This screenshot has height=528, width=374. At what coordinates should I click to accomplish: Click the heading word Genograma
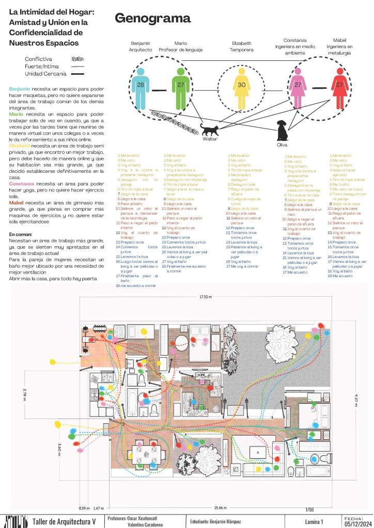(152, 19)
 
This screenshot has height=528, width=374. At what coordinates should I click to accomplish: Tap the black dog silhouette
(282, 131)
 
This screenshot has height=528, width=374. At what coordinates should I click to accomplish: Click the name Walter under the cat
(209, 139)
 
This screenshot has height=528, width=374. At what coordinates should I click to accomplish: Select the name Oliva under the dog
(282, 145)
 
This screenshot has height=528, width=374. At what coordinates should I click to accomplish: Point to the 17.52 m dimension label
(206, 297)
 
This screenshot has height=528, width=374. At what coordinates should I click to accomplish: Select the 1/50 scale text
(309, 509)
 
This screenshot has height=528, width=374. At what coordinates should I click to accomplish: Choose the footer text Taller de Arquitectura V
(64, 521)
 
